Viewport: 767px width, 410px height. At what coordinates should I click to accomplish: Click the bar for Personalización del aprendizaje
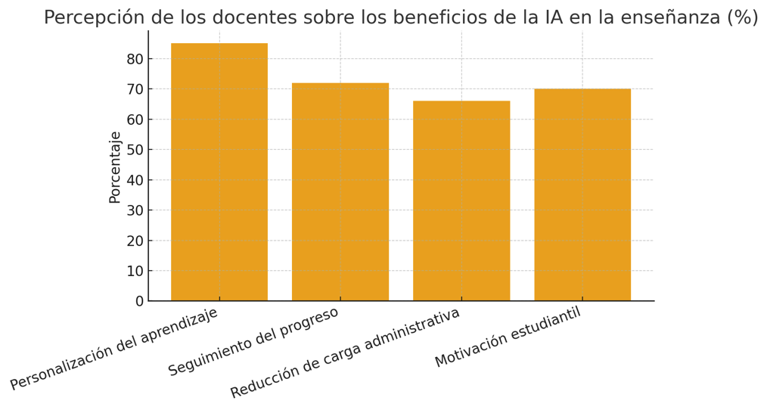tap(219, 172)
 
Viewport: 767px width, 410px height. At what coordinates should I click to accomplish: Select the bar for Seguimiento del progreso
tap(340, 192)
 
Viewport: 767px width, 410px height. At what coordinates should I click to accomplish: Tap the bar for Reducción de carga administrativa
tap(461, 201)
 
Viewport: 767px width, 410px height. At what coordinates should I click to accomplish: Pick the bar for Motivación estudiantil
tap(582, 195)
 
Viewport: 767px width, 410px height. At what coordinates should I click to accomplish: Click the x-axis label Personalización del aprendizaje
tap(114, 349)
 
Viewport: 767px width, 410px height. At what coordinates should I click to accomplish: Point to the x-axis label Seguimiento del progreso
tap(253, 341)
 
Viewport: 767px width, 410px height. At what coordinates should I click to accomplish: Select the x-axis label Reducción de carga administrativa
tap(345, 353)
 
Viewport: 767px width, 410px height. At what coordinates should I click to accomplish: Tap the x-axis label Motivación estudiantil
tap(508, 337)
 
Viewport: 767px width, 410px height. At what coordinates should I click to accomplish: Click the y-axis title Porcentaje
tap(115, 167)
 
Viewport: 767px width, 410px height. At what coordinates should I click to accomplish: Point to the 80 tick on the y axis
tap(135, 59)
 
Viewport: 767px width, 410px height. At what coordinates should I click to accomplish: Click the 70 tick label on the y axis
tap(135, 89)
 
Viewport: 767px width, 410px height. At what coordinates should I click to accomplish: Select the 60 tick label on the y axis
tap(135, 120)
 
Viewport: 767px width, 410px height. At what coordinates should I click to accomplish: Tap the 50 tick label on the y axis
tap(135, 150)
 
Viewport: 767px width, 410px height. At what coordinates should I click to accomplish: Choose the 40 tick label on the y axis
tap(135, 180)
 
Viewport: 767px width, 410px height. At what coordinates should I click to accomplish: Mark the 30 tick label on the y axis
tap(135, 210)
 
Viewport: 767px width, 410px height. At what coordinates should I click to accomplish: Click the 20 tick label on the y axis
tap(135, 241)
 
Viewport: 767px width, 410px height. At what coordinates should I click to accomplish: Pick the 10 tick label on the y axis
tap(135, 271)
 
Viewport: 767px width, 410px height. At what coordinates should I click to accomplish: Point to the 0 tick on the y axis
tap(139, 301)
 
